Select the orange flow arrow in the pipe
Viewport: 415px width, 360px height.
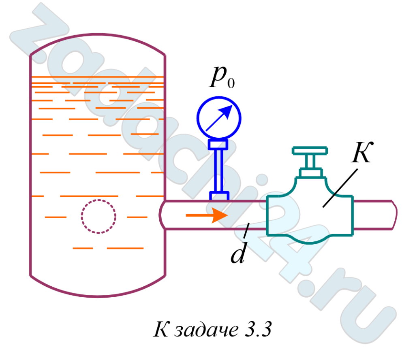[x=207, y=215]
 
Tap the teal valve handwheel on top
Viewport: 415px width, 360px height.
[x=310, y=151]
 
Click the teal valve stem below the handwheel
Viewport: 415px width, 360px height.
[x=310, y=162]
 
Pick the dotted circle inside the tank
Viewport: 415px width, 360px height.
[x=98, y=216]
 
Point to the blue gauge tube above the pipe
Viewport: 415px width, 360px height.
[x=219, y=170]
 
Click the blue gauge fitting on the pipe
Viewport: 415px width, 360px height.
[x=219, y=196]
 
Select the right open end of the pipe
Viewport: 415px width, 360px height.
[x=394, y=215]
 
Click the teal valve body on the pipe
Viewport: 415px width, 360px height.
[x=310, y=215]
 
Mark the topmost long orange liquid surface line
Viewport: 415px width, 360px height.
[x=97, y=77]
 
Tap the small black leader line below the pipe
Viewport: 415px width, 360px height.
[x=246, y=231]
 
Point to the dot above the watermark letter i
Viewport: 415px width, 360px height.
[x=262, y=179]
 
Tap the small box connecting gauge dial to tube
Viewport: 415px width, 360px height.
[x=218, y=144]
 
